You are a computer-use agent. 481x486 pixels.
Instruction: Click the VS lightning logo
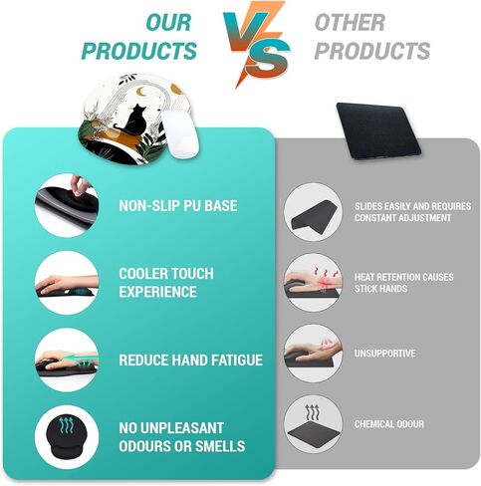256,44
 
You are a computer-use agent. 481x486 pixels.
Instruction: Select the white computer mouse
180,133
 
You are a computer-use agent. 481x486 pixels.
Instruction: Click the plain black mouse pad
379,130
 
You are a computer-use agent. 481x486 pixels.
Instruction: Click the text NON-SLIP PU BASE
178,206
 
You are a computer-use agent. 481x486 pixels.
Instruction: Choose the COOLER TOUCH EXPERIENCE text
166,283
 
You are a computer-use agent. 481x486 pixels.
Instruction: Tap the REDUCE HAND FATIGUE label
191,361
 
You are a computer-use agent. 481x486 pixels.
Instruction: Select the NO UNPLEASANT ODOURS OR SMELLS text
182,437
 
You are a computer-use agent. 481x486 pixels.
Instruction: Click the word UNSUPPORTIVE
384,354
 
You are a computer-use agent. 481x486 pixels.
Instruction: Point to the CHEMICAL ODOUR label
389,424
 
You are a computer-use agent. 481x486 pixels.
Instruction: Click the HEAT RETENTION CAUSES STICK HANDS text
403,283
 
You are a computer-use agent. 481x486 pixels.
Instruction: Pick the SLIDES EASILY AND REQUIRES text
412,206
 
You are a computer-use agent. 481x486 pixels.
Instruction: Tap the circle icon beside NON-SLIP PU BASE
67,205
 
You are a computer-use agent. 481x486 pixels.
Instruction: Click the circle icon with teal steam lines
67,437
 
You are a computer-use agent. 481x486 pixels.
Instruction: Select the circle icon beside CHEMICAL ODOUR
313,424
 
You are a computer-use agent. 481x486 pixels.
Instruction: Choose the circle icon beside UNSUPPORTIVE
313,354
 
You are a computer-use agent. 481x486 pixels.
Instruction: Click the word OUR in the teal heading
168,23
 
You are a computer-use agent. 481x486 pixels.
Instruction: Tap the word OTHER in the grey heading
350,23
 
